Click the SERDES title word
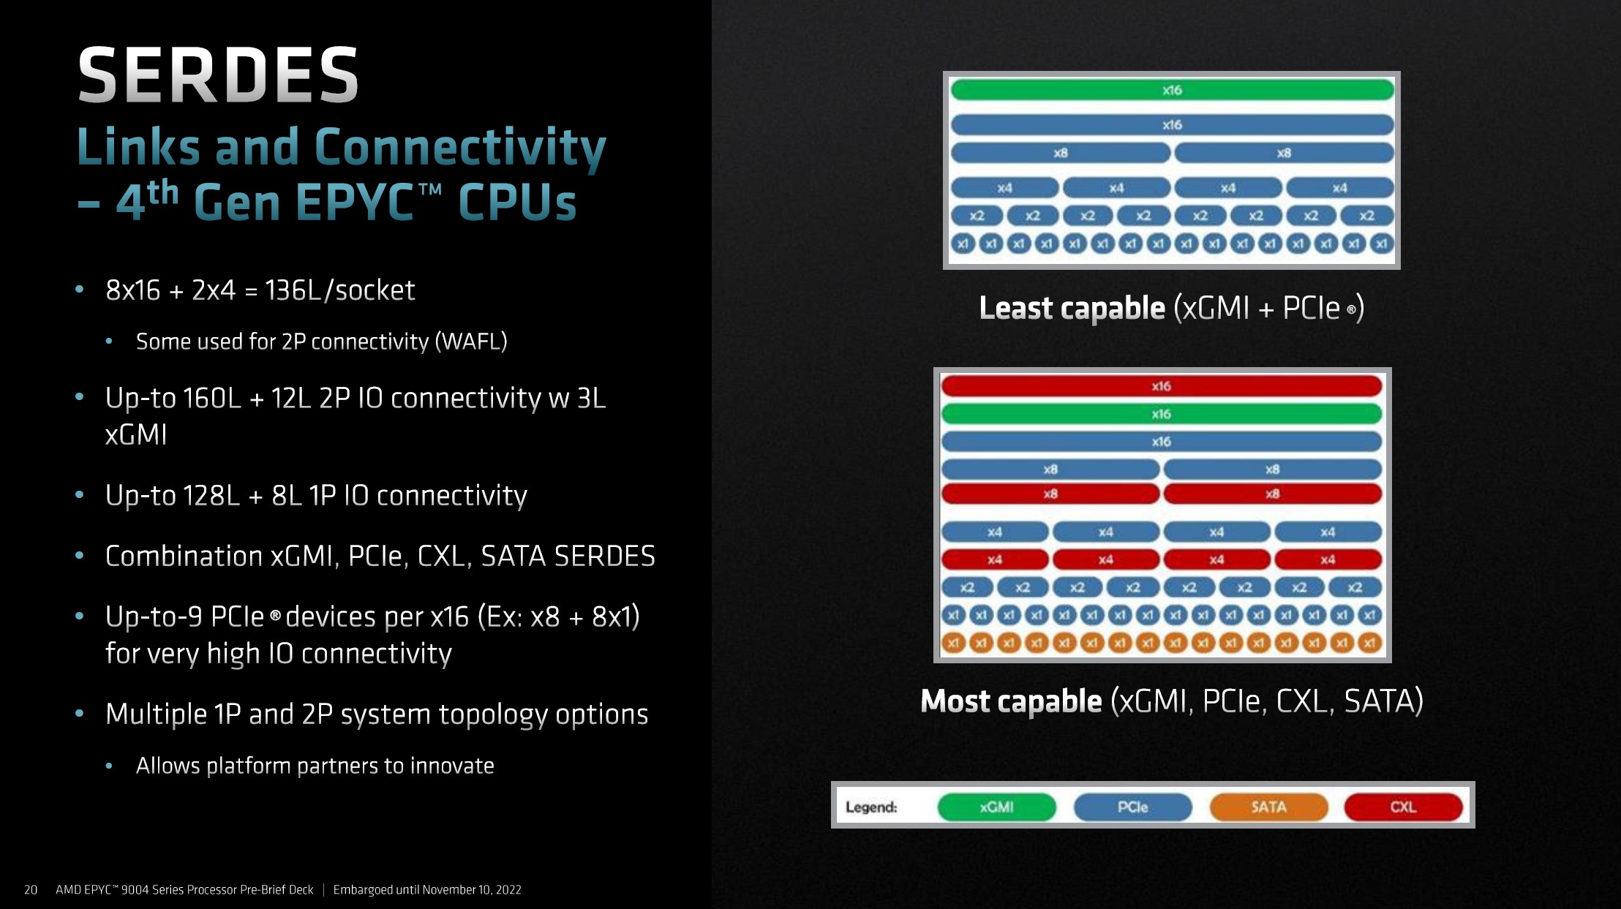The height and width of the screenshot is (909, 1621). [x=218, y=75]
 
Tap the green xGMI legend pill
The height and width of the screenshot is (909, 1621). [x=996, y=807]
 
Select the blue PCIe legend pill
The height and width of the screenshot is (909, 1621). [x=1132, y=807]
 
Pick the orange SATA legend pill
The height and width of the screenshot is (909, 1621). [x=1268, y=807]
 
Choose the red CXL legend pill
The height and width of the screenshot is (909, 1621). [x=1403, y=807]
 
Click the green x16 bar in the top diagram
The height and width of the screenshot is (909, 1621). [x=1172, y=90]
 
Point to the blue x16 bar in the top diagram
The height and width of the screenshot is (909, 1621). [x=1172, y=125]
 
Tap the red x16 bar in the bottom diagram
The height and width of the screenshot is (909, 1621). [x=1161, y=386]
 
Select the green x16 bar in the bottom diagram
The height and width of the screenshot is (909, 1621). [x=1161, y=414]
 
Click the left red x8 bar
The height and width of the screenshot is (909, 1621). [x=1050, y=494]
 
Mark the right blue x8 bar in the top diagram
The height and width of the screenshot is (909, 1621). [x=1284, y=153]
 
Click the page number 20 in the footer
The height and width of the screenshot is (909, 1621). [x=31, y=889]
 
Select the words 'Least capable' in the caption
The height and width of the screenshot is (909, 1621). [x=1072, y=308]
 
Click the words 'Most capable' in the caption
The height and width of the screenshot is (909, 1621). [x=1011, y=701]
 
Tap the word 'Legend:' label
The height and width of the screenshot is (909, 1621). [x=871, y=807]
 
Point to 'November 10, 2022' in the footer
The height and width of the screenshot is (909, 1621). [x=471, y=889]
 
